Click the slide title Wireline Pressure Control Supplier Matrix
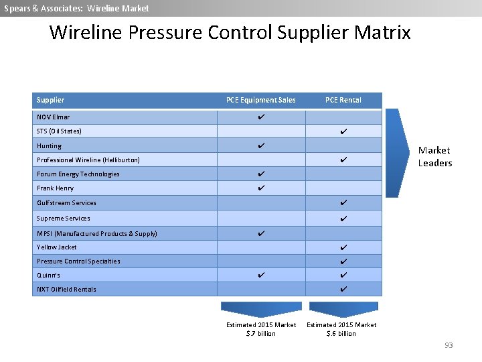(x=230, y=32)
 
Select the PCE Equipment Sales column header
(x=260, y=100)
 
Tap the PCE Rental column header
(x=343, y=100)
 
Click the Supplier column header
(x=51, y=100)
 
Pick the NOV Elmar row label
(x=54, y=117)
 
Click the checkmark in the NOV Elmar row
(x=261, y=117)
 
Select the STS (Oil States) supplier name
(x=59, y=131)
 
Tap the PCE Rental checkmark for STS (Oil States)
(x=343, y=131)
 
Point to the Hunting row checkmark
(x=261, y=145)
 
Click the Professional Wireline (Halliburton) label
(x=88, y=160)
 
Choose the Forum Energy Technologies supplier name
(x=78, y=174)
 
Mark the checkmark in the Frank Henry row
(x=261, y=188)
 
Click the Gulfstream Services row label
(x=66, y=203)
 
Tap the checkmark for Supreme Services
(x=343, y=219)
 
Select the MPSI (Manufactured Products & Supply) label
(x=97, y=234)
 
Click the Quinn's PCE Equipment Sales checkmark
(x=261, y=275)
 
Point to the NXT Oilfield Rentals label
(x=66, y=290)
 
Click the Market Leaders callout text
(x=434, y=157)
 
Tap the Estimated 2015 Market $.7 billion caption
(x=261, y=329)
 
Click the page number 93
(x=449, y=345)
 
